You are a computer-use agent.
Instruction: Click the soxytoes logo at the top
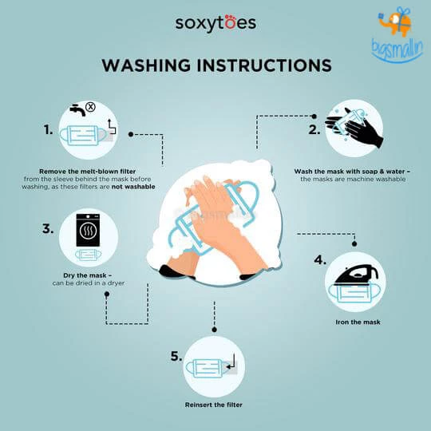click(215, 22)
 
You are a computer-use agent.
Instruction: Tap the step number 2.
click(314, 129)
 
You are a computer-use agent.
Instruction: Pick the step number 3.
click(47, 229)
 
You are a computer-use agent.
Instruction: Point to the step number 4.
click(319, 260)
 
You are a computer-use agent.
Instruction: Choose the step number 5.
click(176, 357)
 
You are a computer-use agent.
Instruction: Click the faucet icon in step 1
click(77, 110)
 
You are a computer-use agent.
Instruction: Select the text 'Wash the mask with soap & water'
click(350, 171)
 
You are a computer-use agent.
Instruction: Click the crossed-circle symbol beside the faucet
click(90, 105)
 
